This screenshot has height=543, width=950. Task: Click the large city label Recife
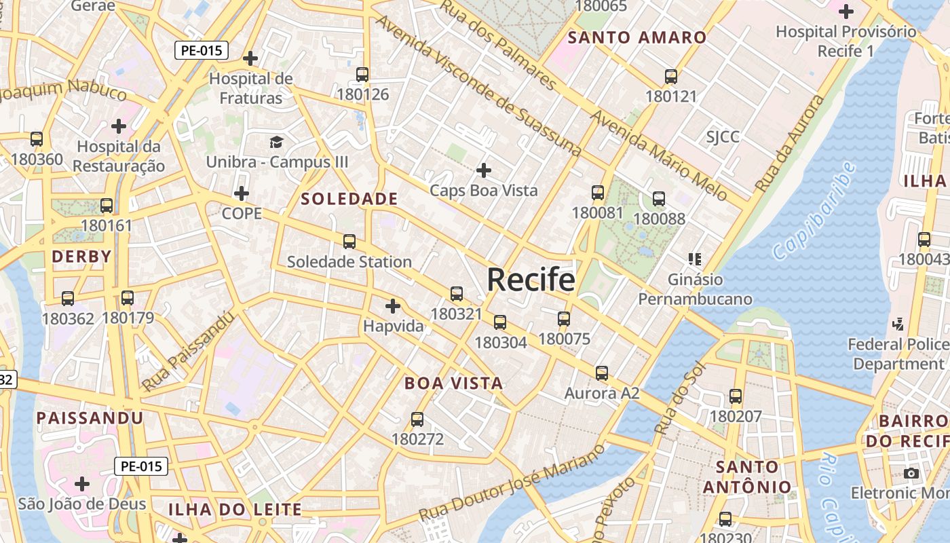(531, 279)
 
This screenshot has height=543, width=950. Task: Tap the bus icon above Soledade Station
(349, 241)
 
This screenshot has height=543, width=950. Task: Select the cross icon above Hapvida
(393, 306)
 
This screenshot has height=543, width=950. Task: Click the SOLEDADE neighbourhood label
(349, 199)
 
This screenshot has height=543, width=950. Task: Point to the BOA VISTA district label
(453, 383)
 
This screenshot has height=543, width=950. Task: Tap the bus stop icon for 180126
(362, 75)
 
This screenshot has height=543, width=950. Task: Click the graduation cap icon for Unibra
(276, 142)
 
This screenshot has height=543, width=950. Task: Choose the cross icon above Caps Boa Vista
(484, 170)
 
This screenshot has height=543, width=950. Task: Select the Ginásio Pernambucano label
(695, 289)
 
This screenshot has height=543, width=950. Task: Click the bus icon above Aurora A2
(602, 373)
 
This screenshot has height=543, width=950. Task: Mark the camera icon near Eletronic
(911, 472)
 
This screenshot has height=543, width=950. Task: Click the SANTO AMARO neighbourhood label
(637, 37)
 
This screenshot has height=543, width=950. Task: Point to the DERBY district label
(81, 257)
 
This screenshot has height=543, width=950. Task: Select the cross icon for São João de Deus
(82, 484)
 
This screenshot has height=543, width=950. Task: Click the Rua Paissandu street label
(188, 351)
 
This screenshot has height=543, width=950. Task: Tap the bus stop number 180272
(417, 439)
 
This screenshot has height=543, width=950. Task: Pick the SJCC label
(723, 137)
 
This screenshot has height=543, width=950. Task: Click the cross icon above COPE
(242, 193)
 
